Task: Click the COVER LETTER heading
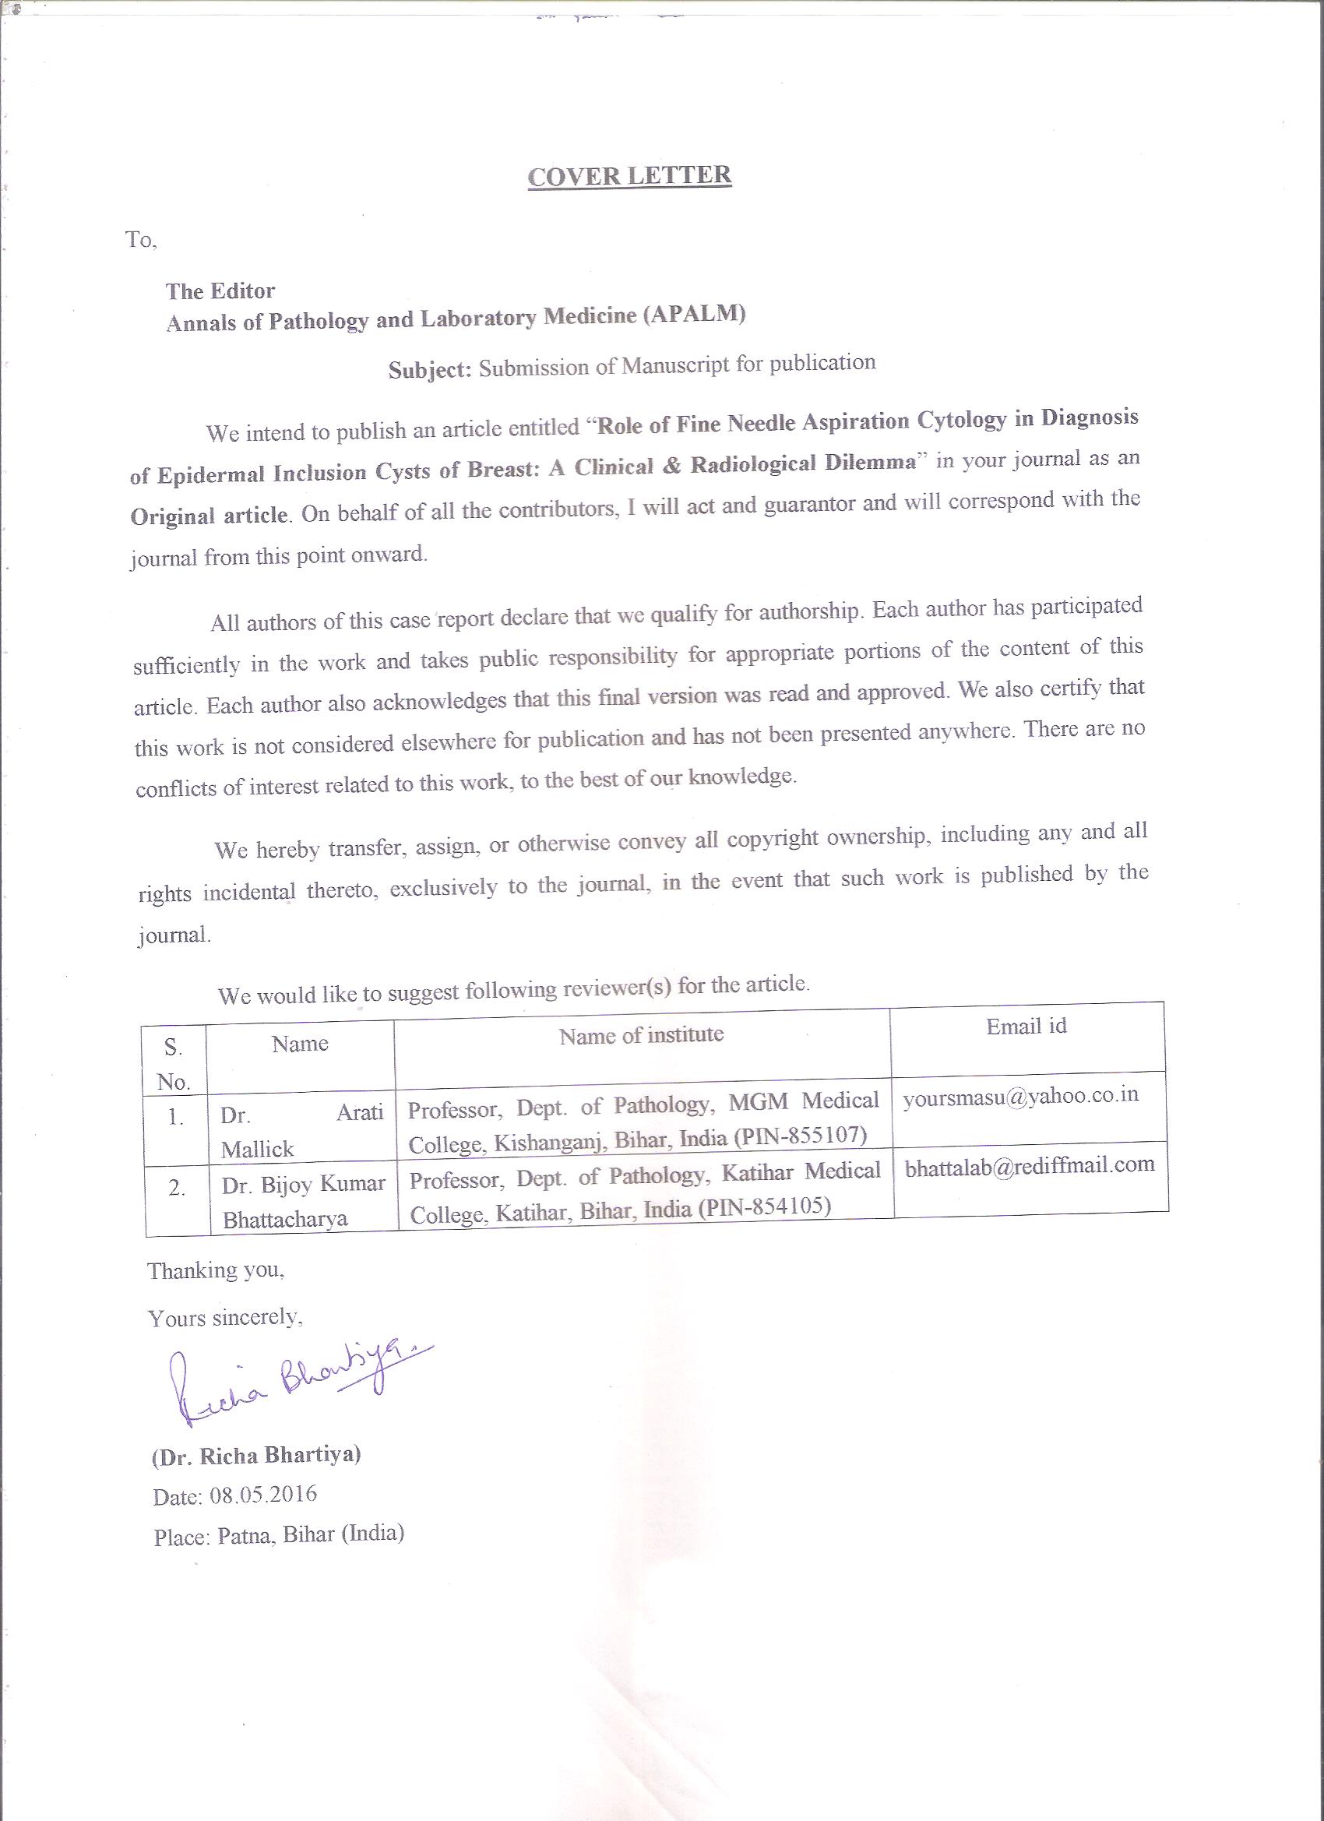(x=629, y=176)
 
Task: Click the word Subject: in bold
(x=430, y=370)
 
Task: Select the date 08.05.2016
(x=263, y=1494)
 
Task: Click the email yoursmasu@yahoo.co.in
(x=1020, y=1096)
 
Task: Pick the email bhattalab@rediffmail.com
(x=1030, y=1166)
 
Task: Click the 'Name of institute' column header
(x=641, y=1035)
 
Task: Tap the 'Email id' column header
(x=1026, y=1026)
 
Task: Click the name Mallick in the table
(x=258, y=1150)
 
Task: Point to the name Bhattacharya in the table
(x=285, y=1220)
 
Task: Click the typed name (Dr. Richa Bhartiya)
(x=256, y=1455)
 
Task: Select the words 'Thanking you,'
(x=215, y=1270)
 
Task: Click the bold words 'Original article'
(x=209, y=515)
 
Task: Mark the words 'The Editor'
(x=220, y=291)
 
